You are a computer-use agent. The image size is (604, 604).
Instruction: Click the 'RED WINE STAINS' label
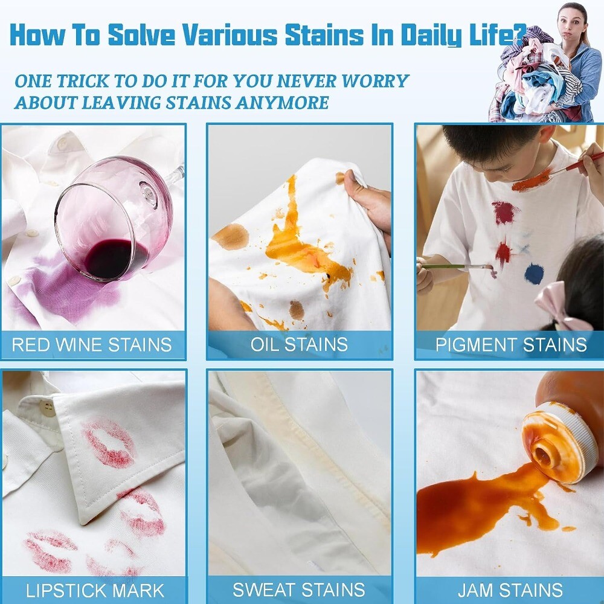pyautogui.click(x=92, y=345)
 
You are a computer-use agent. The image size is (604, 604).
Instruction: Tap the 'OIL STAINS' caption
pyautogui.click(x=299, y=345)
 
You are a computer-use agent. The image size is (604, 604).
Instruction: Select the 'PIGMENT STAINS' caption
pyautogui.click(x=511, y=345)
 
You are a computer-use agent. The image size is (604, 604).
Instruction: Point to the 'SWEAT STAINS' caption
pyautogui.click(x=298, y=590)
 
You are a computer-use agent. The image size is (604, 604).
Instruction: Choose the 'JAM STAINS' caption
pyautogui.click(x=510, y=590)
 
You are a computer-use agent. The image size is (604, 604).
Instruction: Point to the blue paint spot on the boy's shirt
pyautogui.click(x=533, y=274)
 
